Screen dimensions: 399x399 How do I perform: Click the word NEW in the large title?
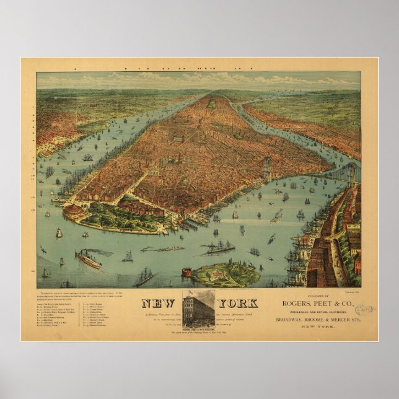click(x=160, y=304)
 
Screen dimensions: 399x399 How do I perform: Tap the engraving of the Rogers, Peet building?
click(x=198, y=307)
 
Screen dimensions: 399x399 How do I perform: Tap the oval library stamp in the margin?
click(x=366, y=308)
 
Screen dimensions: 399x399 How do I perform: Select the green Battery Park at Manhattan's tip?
click(x=112, y=217)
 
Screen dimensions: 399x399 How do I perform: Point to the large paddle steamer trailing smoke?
click(x=87, y=258)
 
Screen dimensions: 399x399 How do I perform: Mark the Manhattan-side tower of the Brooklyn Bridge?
click(x=268, y=168)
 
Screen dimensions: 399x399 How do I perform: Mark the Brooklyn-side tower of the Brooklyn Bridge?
click(x=351, y=174)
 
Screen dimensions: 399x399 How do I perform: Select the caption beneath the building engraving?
click(x=198, y=330)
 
